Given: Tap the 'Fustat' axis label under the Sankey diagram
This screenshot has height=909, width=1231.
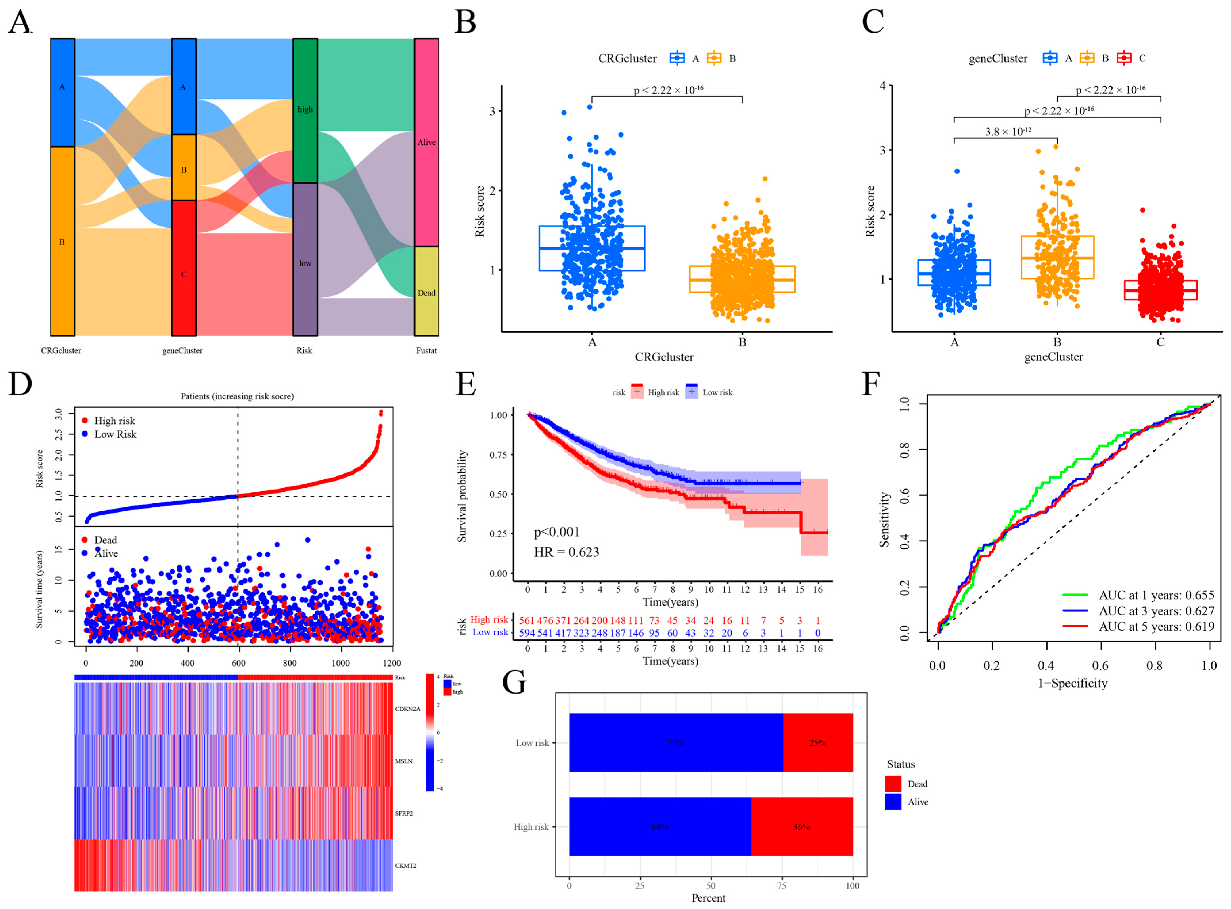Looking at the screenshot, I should pyautogui.click(x=426, y=350).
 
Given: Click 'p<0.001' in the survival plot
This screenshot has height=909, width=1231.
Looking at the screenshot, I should pyautogui.click(x=557, y=532).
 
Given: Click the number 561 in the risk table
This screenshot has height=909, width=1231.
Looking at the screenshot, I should pyautogui.click(x=527, y=620).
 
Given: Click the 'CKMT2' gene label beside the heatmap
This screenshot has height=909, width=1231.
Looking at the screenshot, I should pyautogui.click(x=405, y=866).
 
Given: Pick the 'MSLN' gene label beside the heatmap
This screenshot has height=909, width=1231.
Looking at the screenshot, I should pyautogui.click(x=404, y=761).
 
